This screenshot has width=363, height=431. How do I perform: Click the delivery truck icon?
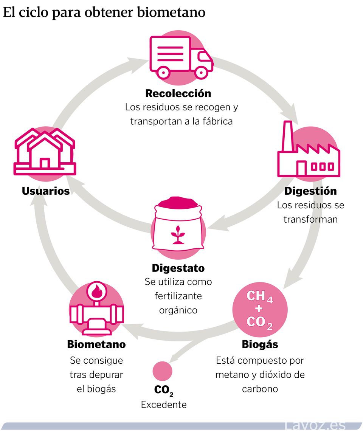pos(181,57)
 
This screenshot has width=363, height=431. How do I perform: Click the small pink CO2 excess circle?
pos(162,371)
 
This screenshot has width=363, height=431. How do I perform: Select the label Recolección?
pos(178,93)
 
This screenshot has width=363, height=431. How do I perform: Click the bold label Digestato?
pos(178,268)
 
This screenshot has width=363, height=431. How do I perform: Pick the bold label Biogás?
pos(260,344)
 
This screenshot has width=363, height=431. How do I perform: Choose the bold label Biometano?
pos(96,344)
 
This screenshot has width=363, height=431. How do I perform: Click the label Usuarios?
pos(46,191)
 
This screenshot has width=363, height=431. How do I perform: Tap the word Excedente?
pos(164,405)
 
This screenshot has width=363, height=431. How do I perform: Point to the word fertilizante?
pos(178,296)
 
